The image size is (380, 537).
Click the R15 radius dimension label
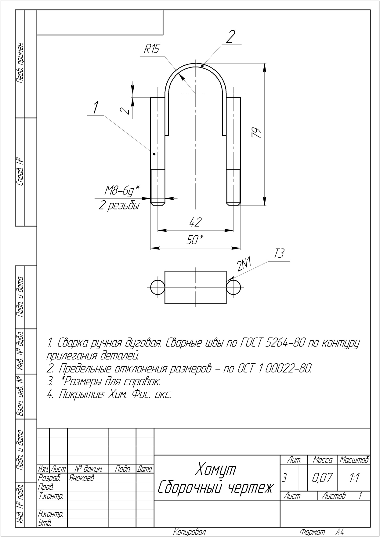(x=152, y=49)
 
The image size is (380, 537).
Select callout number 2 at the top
(x=230, y=37)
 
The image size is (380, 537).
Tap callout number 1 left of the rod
(x=96, y=107)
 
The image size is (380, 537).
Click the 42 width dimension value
(x=195, y=222)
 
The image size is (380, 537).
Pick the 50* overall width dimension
(x=195, y=240)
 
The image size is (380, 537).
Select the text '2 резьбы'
(x=119, y=205)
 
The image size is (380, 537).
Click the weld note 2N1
(x=244, y=264)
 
